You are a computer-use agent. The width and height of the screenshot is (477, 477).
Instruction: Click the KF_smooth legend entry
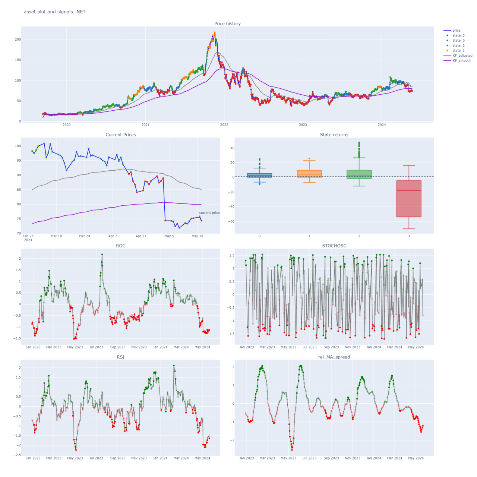pyautogui.click(x=461, y=60)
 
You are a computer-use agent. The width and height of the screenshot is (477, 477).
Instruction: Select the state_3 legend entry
pyautogui.click(x=458, y=35)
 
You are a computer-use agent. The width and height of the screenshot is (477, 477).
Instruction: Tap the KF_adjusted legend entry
pyautogui.click(x=462, y=56)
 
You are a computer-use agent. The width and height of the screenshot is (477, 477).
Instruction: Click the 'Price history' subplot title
pyautogui.click(x=227, y=23)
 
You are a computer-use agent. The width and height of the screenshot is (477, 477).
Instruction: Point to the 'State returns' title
pyautogui.click(x=334, y=135)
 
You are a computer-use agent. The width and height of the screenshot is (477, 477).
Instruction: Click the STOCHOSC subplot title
pyautogui.click(x=334, y=246)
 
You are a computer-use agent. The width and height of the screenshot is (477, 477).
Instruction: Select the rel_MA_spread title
pyautogui.click(x=334, y=357)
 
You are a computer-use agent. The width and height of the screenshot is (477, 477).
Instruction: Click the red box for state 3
pyautogui.click(x=409, y=199)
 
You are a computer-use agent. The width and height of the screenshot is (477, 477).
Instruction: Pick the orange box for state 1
pyautogui.click(x=309, y=174)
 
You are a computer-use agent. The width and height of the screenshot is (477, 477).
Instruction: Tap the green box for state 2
pyautogui.click(x=359, y=174)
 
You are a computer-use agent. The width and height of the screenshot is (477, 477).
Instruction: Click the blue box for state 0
pyautogui.click(x=260, y=176)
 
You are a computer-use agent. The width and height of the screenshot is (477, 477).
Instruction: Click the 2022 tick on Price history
pyautogui.click(x=224, y=124)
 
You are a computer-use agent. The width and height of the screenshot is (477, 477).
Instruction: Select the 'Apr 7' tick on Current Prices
pyautogui.click(x=113, y=236)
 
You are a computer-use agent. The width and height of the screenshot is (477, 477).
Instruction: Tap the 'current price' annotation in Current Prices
pyautogui.click(x=209, y=213)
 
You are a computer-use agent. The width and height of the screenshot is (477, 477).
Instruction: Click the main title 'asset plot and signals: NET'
pyautogui.click(x=55, y=12)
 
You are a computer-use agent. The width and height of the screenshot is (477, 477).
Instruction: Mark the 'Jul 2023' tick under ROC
pyautogui.click(x=96, y=347)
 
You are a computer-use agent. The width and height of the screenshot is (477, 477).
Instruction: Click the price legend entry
pyautogui.click(x=456, y=31)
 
